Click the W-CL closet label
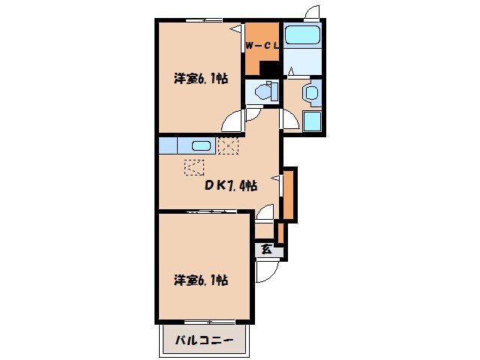click(x=262, y=46)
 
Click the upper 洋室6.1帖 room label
click(x=201, y=79)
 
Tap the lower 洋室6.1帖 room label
click(x=201, y=280)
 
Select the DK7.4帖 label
click(x=232, y=185)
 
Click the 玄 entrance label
click(x=266, y=249)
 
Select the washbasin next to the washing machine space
click(x=310, y=94)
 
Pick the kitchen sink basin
click(x=200, y=145)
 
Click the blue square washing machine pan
click(x=312, y=121)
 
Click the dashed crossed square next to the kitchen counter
click(x=226, y=145)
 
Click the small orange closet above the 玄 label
click(x=280, y=232)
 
